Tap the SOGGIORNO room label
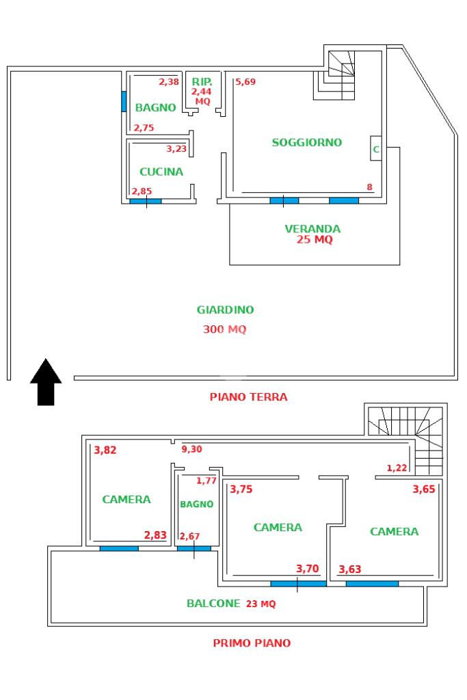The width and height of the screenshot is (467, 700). pyautogui.click(x=307, y=142)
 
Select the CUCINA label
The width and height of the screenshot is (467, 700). pyautogui.click(x=161, y=172)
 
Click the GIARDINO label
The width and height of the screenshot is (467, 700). pyautogui.click(x=225, y=310)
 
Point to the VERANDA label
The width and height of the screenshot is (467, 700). pyautogui.click(x=312, y=228)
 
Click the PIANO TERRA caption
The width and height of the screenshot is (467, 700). pyautogui.click(x=249, y=396)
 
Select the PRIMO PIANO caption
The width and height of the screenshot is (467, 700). pyautogui.click(x=252, y=643)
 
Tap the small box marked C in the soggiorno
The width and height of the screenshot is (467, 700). pyautogui.click(x=376, y=148)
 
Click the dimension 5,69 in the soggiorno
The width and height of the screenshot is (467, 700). pyautogui.click(x=245, y=82)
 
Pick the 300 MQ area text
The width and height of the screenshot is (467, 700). pyautogui.click(x=224, y=329)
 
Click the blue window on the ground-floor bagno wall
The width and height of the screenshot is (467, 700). pyautogui.click(x=124, y=102)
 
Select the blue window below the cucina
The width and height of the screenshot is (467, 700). pyautogui.click(x=146, y=202)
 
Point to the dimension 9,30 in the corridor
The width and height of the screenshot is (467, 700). pyautogui.click(x=191, y=449)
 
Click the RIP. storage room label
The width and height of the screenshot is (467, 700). pyautogui.click(x=202, y=82)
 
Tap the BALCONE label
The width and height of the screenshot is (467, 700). pyautogui.click(x=213, y=603)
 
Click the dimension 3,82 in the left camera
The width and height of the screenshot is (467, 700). pyautogui.click(x=105, y=450)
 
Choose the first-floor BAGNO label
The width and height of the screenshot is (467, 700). pyautogui.click(x=196, y=504)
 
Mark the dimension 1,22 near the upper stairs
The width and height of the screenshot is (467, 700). pyautogui.click(x=397, y=468)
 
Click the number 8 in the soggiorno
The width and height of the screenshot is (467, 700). pyautogui.click(x=370, y=187)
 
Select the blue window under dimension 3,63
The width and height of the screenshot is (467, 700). pyautogui.click(x=372, y=584)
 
